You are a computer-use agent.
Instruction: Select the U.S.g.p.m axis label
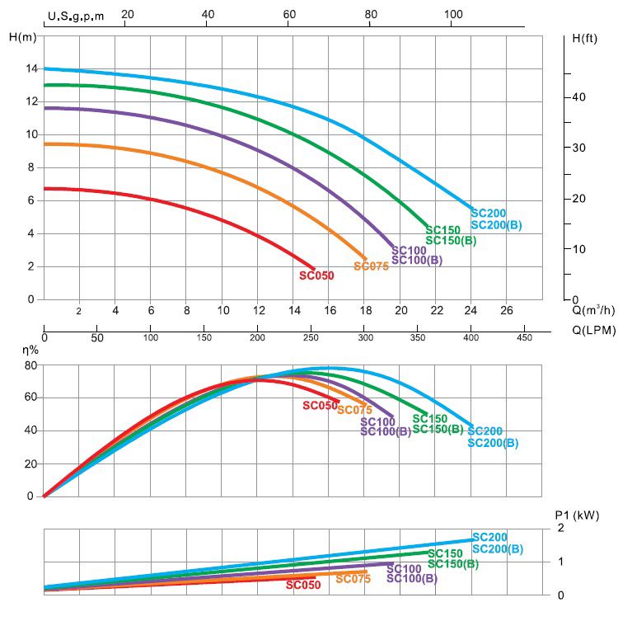(x=76, y=15)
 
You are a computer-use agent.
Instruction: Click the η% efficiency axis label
(x=31, y=350)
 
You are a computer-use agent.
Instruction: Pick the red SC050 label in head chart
(x=316, y=275)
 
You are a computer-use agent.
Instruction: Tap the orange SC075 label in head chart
(x=371, y=266)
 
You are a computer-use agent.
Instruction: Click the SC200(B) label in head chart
(x=496, y=225)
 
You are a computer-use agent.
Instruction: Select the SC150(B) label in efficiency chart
(x=444, y=429)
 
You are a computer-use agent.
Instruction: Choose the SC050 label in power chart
(x=303, y=585)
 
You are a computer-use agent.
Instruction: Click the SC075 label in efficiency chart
(x=355, y=410)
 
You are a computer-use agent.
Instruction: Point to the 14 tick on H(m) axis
(x=30, y=68)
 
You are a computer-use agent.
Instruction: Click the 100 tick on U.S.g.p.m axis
(x=452, y=14)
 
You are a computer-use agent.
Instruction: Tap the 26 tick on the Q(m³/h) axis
(x=507, y=310)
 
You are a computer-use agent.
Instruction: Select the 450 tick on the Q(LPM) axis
(x=524, y=337)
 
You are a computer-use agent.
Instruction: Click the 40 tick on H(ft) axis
(x=578, y=97)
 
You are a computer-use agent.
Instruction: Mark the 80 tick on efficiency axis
(x=30, y=365)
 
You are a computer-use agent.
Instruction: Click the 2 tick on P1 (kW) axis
(x=561, y=528)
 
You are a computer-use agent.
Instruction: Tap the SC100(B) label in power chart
(x=412, y=579)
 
